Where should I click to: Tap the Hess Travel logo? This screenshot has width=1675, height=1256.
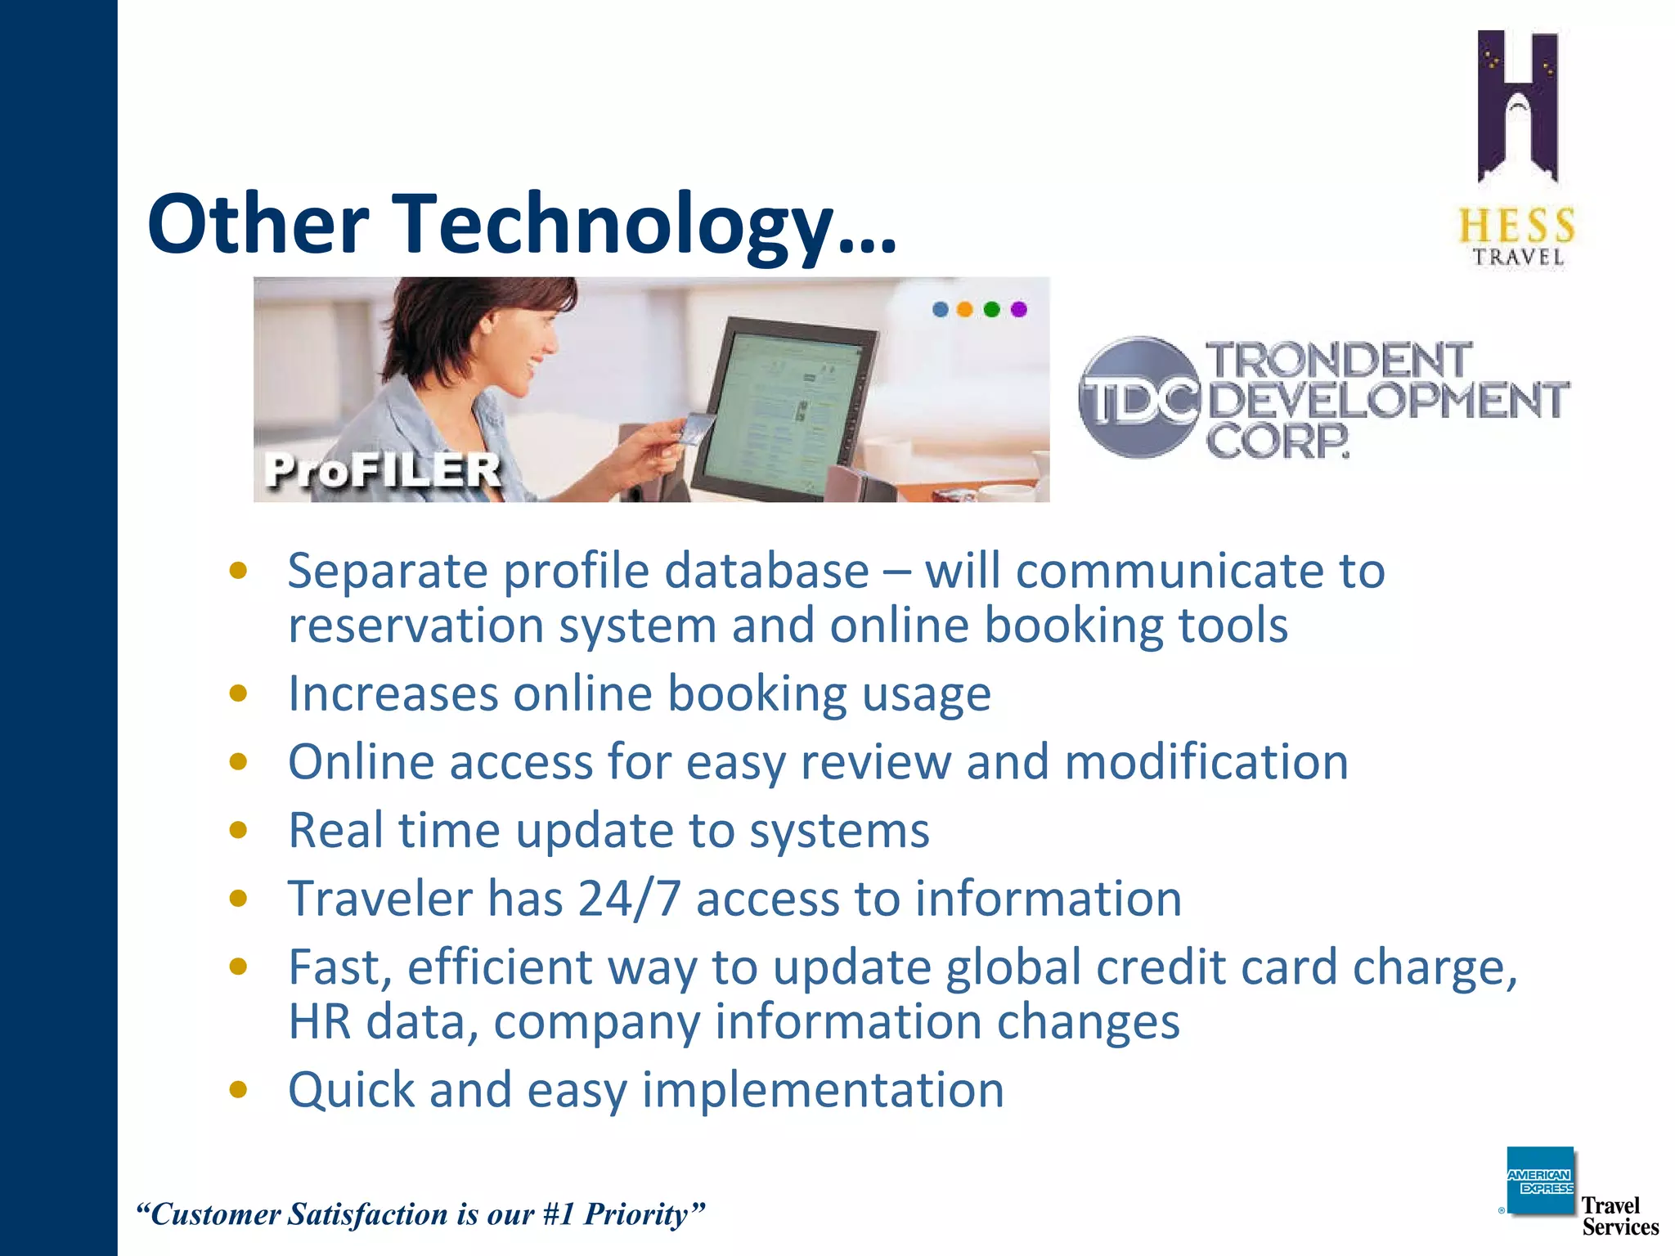(x=1518, y=147)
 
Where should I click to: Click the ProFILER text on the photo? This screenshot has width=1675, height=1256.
(x=382, y=470)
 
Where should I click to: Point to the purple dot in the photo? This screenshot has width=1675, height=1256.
(x=1018, y=309)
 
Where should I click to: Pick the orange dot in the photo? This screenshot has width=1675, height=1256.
(x=965, y=309)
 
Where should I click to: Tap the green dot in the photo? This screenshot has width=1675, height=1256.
(x=992, y=309)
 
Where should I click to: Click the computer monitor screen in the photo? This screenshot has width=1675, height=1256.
(x=781, y=409)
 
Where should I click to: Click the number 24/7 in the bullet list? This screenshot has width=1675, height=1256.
(x=629, y=899)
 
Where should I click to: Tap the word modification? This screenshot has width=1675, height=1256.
(x=1206, y=762)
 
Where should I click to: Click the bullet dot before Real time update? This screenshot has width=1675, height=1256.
(x=238, y=831)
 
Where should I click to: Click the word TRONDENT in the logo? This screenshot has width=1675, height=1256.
(x=1339, y=361)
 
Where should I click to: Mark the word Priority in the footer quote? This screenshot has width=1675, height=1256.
(x=644, y=1214)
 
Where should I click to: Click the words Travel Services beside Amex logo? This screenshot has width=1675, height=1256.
(x=1619, y=1216)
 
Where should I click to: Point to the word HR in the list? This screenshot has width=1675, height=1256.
(x=320, y=1022)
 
